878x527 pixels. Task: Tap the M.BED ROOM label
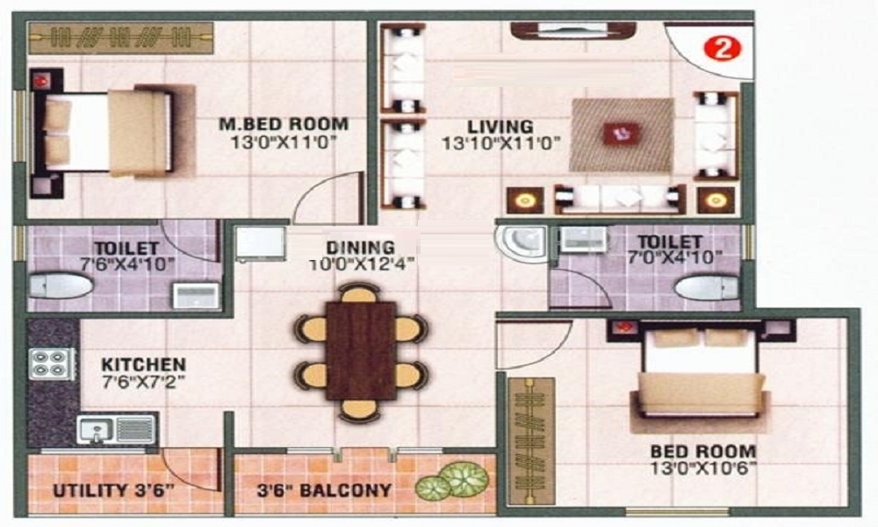[284, 124]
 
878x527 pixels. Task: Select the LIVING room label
[500, 126]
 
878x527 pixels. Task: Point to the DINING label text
[360, 248]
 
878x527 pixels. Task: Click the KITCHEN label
[143, 364]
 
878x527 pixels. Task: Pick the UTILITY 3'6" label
[112, 489]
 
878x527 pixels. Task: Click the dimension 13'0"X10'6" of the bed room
[702, 468]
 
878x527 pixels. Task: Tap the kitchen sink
[95, 430]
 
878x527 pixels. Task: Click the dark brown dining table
[360, 350]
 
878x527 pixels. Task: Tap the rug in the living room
[622, 134]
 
